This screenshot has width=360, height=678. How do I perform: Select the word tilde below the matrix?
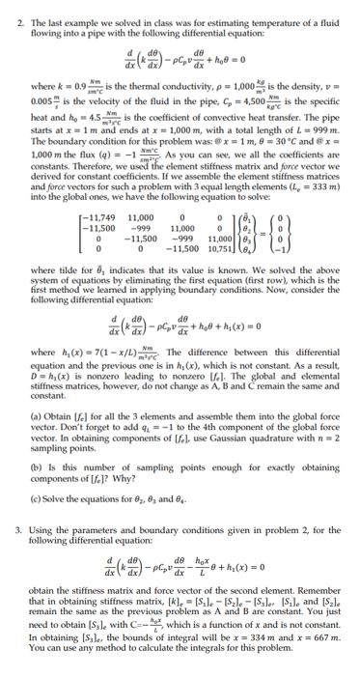click(69, 292)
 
